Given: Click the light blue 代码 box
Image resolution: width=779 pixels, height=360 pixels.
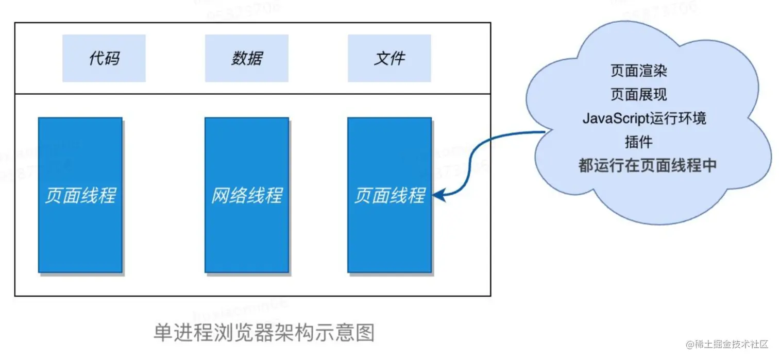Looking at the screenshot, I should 104,58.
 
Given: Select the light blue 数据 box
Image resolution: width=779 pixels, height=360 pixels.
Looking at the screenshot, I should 246,58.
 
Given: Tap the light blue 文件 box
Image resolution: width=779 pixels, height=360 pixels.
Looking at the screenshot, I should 389,58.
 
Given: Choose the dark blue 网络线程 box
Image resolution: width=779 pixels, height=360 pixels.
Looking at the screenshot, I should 246,195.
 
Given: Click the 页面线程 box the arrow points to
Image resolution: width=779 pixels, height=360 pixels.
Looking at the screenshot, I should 389,195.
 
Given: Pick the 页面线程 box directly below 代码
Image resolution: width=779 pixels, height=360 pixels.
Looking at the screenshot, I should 80,195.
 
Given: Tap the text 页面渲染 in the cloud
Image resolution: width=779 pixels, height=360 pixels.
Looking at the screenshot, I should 639,71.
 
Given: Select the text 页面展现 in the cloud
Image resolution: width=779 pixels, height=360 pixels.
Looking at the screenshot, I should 639,95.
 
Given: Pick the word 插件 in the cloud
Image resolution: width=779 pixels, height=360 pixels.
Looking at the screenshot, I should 638,142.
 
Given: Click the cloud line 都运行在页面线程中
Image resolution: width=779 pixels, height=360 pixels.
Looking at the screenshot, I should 648,166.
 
